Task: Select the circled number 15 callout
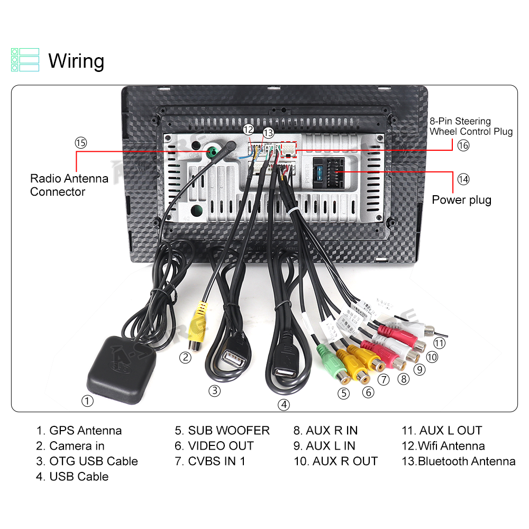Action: coord(80,143)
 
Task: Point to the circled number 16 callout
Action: coord(463,145)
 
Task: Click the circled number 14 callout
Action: coord(463,179)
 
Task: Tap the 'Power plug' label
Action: coord(461,200)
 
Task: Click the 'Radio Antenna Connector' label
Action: coord(69,185)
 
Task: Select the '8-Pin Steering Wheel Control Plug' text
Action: coord(471,126)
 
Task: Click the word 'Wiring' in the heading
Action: coord(76,61)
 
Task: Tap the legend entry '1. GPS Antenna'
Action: coord(79,431)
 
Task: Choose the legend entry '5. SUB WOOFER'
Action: coord(222,431)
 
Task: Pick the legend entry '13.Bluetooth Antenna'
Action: coord(458,461)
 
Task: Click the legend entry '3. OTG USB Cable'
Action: coord(87,461)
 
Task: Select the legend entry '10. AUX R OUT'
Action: coord(335,461)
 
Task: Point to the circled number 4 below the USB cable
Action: coord(285,405)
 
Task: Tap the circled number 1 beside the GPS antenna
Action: coord(88,401)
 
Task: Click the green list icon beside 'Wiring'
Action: coord(25,60)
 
